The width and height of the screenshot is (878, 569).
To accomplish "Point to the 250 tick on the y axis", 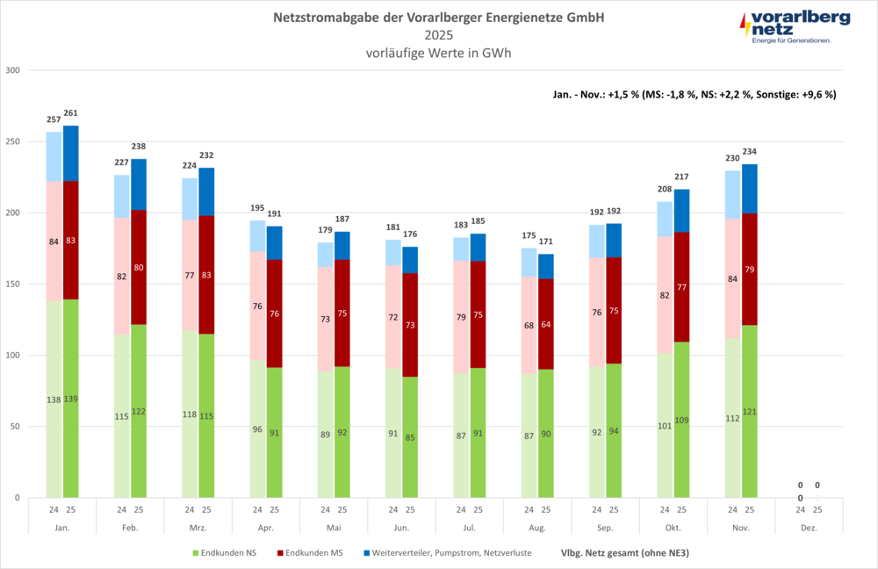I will pyautogui.click(x=14, y=141).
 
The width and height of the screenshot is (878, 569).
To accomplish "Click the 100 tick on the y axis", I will pyautogui.click(x=14, y=356).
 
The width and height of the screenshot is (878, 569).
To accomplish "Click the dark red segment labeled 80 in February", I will pyautogui.click(x=139, y=268).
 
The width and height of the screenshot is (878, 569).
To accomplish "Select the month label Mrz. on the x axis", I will pyautogui.click(x=198, y=528).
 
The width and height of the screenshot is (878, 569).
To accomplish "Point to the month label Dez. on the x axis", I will pyautogui.click(x=808, y=528).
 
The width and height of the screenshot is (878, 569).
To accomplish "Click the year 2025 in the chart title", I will pyautogui.click(x=439, y=35).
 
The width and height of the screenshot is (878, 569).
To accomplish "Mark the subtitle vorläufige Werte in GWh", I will pyautogui.click(x=439, y=53).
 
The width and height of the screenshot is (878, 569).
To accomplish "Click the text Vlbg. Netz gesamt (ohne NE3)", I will pyautogui.click(x=623, y=553).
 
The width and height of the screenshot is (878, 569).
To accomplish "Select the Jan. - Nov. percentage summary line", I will pyautogui.click(x=694, y=93).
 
